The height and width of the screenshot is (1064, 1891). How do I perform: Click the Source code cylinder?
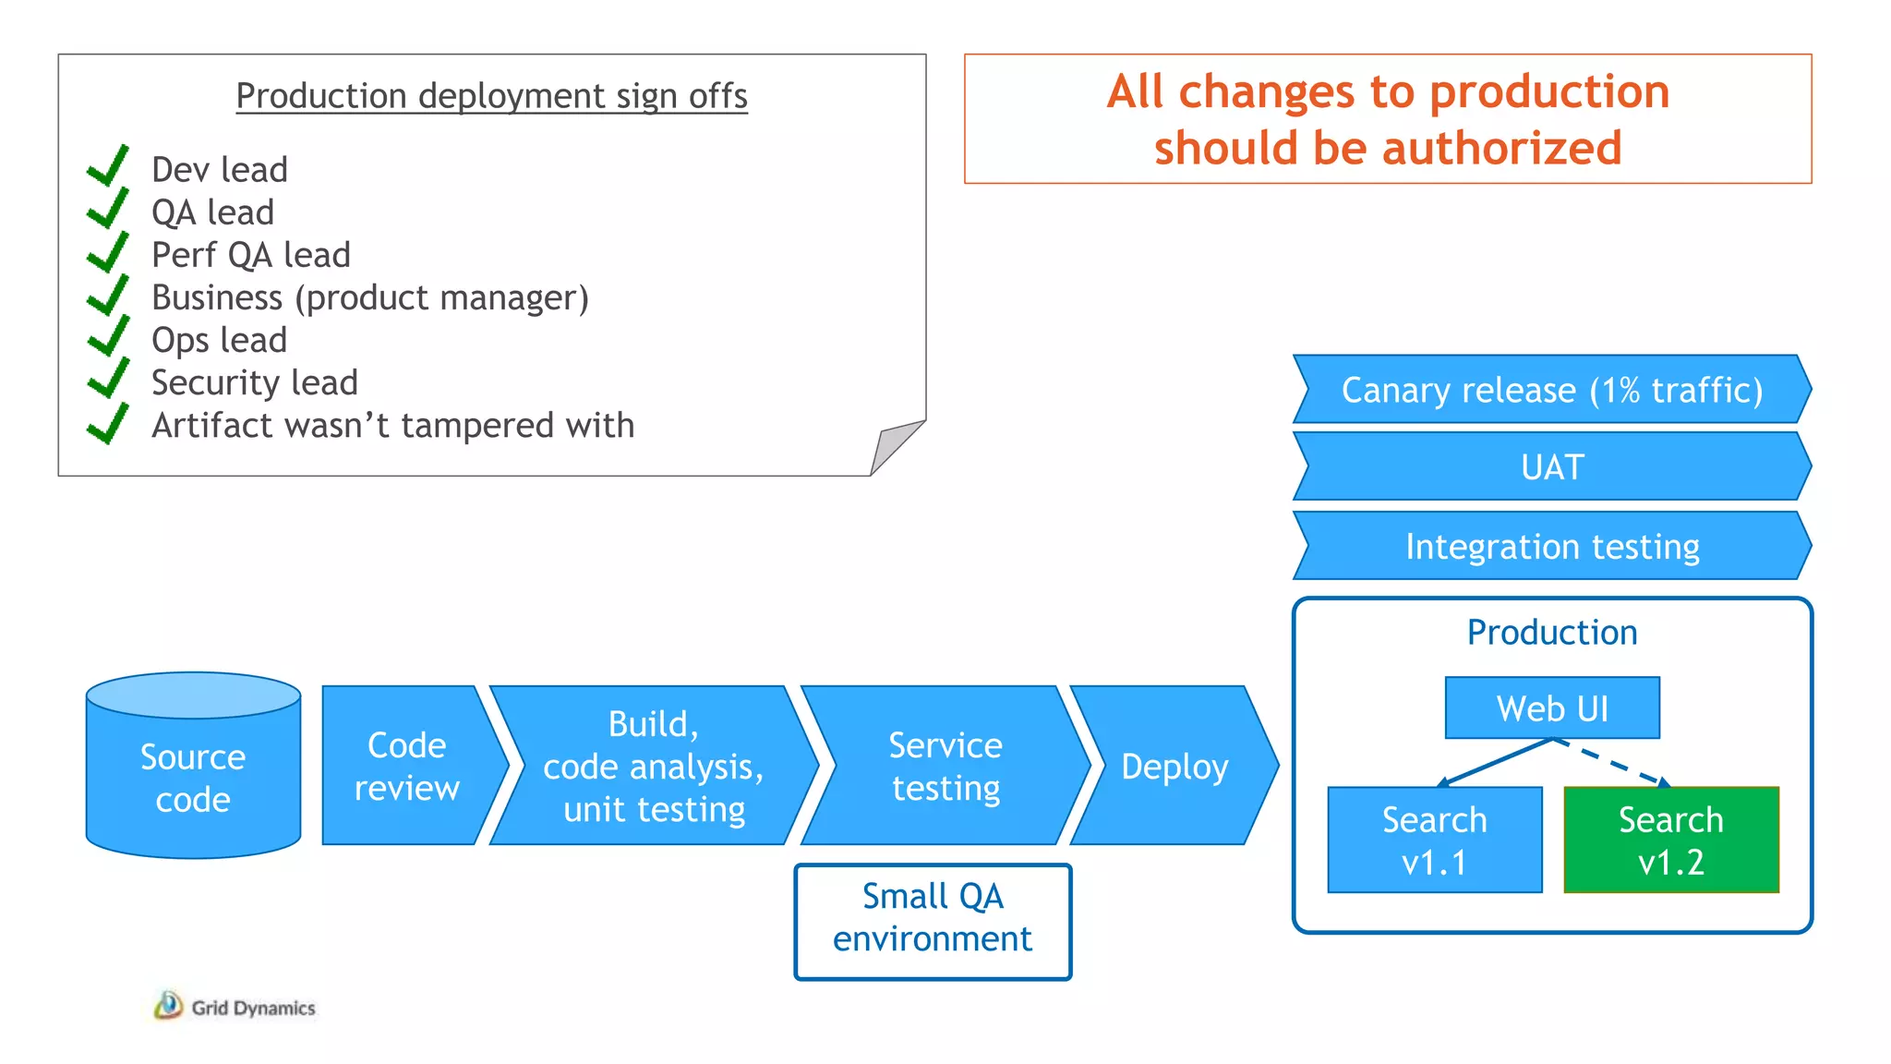click(x=193, y=776)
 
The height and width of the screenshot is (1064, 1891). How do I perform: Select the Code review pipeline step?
click(x=406, y=766)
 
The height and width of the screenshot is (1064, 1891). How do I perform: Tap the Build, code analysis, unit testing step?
click(x=653, y=766)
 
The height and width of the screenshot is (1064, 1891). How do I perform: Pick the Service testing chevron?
click(x=945, y=766)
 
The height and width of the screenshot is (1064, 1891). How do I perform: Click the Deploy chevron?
click(x=1174, y=766)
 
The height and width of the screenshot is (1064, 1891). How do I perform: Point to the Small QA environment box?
click(x=933, y=921)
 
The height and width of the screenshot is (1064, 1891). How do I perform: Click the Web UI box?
click(x=1552, y=708)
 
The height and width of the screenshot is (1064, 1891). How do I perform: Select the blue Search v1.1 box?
click(x=1434, y=840)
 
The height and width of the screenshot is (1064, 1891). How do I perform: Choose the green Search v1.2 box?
click(x=1670, y=840)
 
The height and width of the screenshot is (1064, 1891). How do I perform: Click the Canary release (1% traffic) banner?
click(x=1552, y=390)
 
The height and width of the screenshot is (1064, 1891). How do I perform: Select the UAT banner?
click(x=1552, y=467)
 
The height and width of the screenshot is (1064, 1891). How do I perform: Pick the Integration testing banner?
click(x=1552, y=546)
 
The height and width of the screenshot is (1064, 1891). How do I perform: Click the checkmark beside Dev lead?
click(x=108, y=166)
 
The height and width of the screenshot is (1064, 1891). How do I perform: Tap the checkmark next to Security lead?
click(x=108, y=379)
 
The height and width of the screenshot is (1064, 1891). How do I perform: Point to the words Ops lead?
click(x=220, y=340)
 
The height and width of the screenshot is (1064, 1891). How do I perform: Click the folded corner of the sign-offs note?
click(x=893, y=445)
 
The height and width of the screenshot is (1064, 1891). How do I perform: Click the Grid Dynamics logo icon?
click(x=168, y=1006)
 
